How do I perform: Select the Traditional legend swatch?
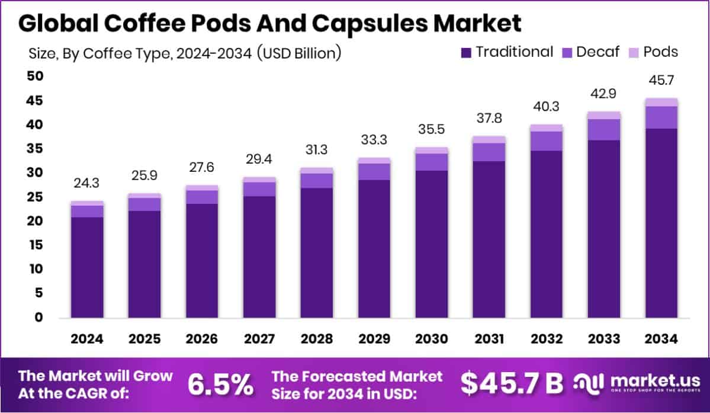click(x=466, y=53)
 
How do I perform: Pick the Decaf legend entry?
click(x=590, y=52)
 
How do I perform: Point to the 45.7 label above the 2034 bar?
click(x=661, y=80)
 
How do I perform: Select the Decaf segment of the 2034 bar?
click(x=661, y=117)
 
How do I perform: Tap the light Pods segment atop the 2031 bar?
click(x=489, y=139)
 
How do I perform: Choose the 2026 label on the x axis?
click(x=201, y=340)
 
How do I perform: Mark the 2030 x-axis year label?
click(x=431, y=340)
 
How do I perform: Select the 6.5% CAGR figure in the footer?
click(x=220, y=385)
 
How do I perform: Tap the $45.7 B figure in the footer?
click(x=512, y=385)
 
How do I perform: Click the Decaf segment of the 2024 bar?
click(x=87, y=212)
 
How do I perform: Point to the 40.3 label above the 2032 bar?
click(x=546, y=107)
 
